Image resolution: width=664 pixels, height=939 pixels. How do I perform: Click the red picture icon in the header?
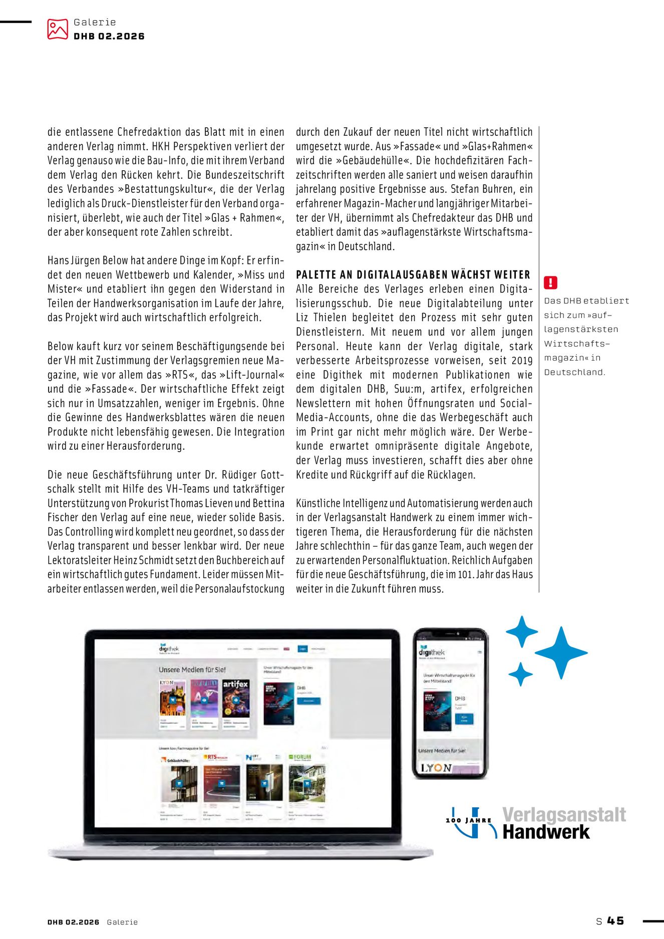[57, 29]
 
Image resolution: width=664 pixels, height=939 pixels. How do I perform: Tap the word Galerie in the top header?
[95, 22]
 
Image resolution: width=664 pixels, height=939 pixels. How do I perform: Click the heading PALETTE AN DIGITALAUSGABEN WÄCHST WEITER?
[413, 274]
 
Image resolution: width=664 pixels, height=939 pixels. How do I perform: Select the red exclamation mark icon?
[550, 283]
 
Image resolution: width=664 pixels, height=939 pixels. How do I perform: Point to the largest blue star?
[561, 653]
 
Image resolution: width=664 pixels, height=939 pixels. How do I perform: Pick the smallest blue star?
[521, 674]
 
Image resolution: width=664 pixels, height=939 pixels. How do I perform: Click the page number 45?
[616, 921]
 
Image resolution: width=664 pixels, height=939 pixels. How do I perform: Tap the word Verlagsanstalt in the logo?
[564, 815]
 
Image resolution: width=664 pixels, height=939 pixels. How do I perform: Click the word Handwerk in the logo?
[546, 832]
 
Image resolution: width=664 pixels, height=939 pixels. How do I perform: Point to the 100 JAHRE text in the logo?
[468, 820]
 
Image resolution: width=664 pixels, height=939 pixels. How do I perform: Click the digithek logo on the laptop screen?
[169, 649]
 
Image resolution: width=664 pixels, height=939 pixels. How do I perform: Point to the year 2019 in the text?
[522, 361]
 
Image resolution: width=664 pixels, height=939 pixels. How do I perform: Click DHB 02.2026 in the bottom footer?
[73, 922]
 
